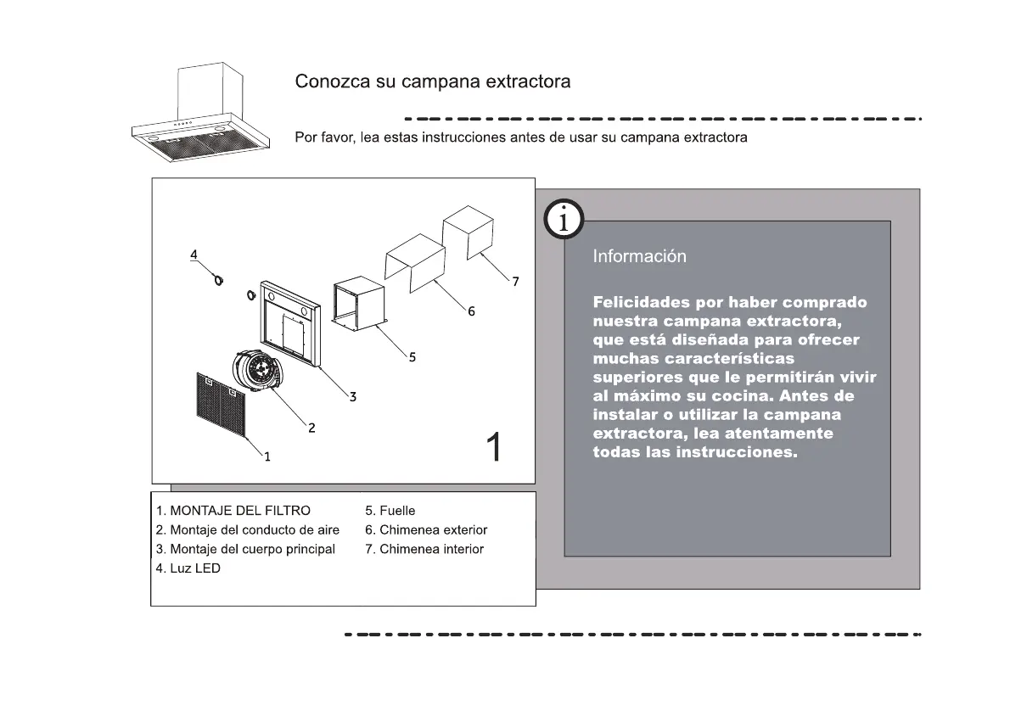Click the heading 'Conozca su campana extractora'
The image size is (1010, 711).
(432, 82)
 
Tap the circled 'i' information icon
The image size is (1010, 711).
(563, 221)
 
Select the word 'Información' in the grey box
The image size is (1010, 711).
(639, 256)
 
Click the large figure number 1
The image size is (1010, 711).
(493, 447)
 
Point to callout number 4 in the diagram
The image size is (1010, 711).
(194, 255)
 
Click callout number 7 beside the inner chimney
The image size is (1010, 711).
(515, 281)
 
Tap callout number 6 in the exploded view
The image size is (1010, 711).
(471, 311)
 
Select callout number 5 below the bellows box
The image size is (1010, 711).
(412, 357)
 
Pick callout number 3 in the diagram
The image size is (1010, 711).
(352, 396)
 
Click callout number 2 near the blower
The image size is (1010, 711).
(311, 428)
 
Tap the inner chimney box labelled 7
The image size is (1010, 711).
(468, 231)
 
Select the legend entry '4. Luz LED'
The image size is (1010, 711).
(188, 568)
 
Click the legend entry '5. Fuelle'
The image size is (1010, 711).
(390, 511)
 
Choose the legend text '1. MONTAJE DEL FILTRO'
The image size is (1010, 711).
(233, 511)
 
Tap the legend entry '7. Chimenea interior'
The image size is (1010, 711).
(424, 550)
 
